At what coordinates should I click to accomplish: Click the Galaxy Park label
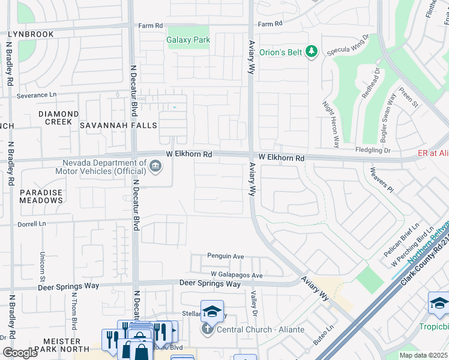coord(188,40)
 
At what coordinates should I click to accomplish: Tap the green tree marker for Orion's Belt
coord(311,52)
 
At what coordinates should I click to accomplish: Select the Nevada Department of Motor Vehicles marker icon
coord(156,167)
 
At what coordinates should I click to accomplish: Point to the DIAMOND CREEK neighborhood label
coord(58,118)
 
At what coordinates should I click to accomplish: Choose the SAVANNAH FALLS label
coord(118,125)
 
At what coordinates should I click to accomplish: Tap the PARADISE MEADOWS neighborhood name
coord(41,196)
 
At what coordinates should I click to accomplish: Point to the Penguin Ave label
coord(226,256)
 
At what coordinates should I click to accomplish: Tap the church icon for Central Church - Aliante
coord(207,329)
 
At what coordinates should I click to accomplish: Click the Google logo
coord(20,353)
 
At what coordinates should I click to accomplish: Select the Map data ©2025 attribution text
coord(423,355)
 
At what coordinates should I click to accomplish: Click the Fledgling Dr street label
coord(373,150)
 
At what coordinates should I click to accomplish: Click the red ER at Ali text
coord(433,154)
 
